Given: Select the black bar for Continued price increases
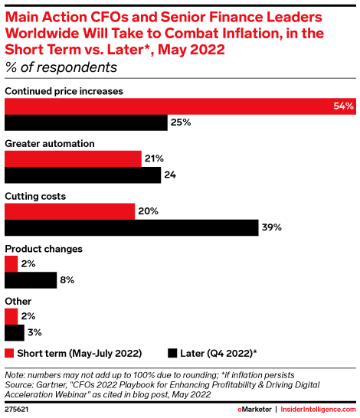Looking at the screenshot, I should point(86,122).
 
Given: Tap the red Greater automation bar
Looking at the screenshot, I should point(74,158).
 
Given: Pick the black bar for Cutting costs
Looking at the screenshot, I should point(131,227).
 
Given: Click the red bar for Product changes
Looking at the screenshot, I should point(11,263).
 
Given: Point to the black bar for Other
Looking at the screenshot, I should point(14,332).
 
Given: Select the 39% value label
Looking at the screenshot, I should point(272,227).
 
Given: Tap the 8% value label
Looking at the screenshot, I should point(67,280).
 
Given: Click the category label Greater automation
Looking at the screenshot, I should point(50,143).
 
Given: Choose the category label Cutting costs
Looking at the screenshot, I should point(35,196).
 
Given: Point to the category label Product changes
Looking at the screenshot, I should point(44,249).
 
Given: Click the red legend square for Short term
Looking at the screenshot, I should point(9,354).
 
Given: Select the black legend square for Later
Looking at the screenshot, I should point(173,354).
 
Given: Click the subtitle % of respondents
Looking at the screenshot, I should point(61,67).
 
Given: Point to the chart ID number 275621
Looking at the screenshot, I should point(19,410).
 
